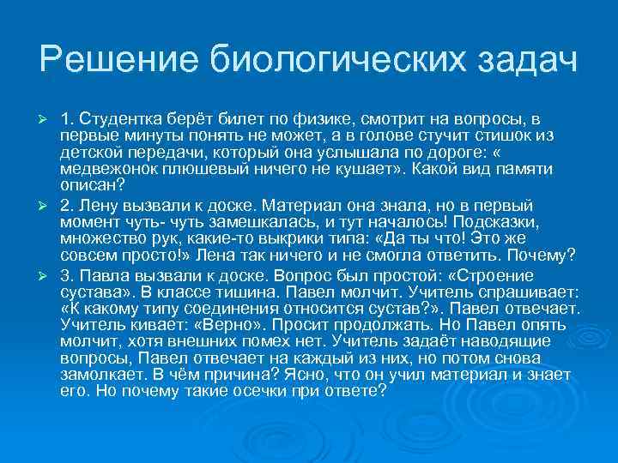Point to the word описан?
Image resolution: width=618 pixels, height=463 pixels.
[92, 184]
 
